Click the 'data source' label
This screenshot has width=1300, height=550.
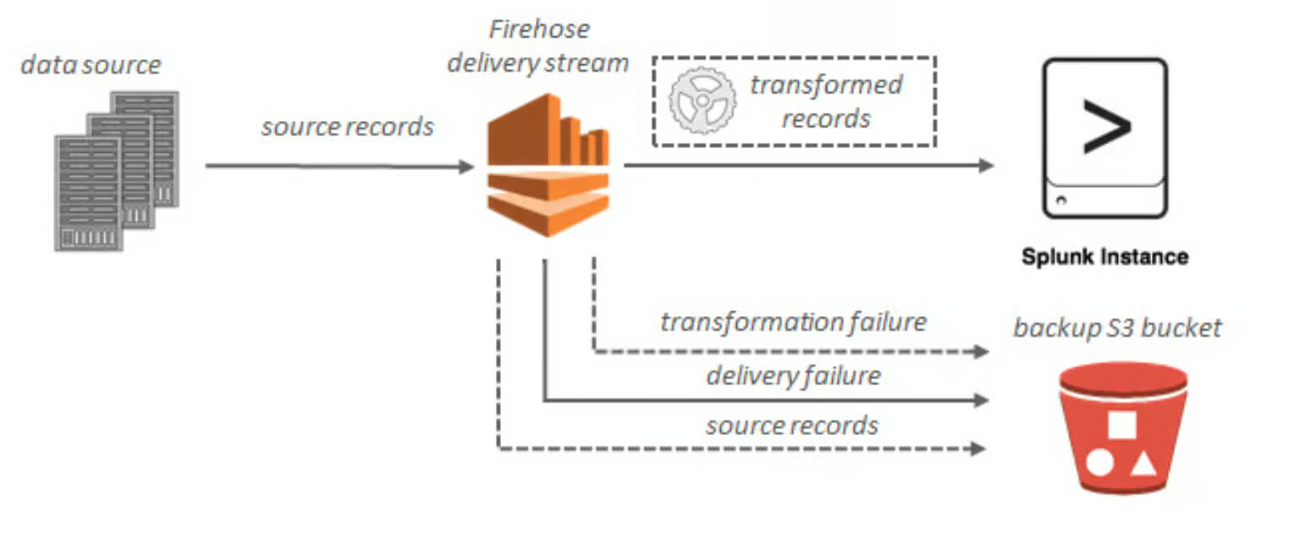[91, 65]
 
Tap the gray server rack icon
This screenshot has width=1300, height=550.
[117, 171]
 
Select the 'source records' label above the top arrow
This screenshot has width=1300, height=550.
[347, 127]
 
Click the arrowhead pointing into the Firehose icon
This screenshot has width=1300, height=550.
[466, 167]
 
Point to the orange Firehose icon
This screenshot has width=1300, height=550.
[548, 165]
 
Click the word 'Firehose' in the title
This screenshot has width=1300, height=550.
[539, 29]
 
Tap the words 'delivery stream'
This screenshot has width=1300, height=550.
[538, 63]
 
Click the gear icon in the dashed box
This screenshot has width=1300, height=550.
[702, 101]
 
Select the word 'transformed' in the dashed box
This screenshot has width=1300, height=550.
[826, 85]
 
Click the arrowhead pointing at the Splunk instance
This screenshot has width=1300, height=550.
[986, 165]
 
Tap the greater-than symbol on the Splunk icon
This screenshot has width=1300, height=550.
[1107, 126]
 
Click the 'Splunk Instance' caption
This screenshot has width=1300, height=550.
[1105, 256]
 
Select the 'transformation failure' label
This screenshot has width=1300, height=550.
[793, 322]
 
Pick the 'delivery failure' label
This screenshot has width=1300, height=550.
[793, 376]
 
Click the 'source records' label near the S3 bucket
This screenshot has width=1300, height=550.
[792, 426]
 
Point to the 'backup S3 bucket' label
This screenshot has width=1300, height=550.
[1117, 327]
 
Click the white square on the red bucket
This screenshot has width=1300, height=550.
[1121, 426]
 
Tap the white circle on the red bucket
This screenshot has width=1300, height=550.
[1099, 463]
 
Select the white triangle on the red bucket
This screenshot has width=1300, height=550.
[1143, 464]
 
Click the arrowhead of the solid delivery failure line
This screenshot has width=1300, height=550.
[982, 400]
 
